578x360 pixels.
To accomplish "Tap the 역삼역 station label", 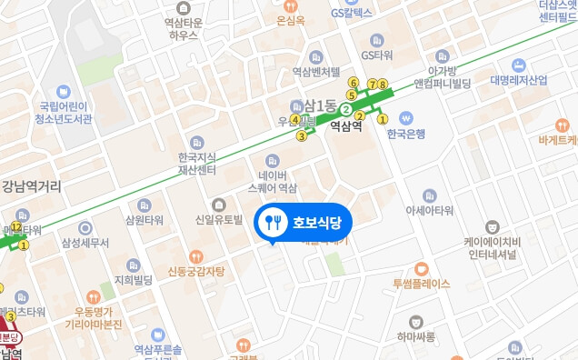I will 345,127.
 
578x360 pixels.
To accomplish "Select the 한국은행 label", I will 406,133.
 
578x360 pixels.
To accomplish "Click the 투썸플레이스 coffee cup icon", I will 421,268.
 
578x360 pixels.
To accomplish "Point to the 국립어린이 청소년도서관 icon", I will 64,92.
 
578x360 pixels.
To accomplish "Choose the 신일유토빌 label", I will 219,220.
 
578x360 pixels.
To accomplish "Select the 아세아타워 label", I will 429,210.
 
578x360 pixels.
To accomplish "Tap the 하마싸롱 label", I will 415,336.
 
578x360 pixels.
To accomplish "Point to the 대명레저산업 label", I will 519,80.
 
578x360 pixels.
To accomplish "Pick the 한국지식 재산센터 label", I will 197,163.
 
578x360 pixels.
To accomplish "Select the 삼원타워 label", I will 144,220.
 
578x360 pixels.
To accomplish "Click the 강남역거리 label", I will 31,187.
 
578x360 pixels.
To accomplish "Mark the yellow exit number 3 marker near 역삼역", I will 301,136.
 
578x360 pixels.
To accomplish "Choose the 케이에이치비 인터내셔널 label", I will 491,248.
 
